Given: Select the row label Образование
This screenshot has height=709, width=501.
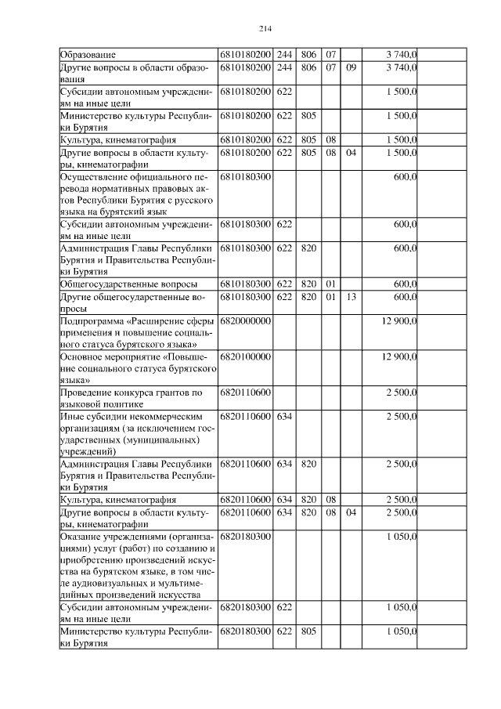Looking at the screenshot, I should click(x=88, y=55).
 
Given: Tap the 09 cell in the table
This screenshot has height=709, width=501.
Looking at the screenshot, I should click(x=351, y=68).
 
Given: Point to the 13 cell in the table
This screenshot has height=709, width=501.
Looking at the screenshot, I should click(x=351, y=297).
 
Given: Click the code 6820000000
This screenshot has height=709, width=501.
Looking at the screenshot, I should click(x=246, y=321).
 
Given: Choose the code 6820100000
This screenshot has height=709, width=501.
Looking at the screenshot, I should click(x=246, y=356).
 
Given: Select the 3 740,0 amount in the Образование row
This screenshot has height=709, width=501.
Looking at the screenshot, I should click(x=402, y=55).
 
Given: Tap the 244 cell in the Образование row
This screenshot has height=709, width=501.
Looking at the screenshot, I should click(x=284, y=55).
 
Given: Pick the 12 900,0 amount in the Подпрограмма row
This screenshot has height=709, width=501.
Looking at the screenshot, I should click(x=398, y=321).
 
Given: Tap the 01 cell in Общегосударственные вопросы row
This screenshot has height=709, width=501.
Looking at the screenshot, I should click(x=330, y=284).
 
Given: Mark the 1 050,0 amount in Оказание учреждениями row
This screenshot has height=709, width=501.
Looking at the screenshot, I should click(x=402, y=536).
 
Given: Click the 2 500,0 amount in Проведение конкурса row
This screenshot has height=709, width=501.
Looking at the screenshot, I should click(x=402, y=392).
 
